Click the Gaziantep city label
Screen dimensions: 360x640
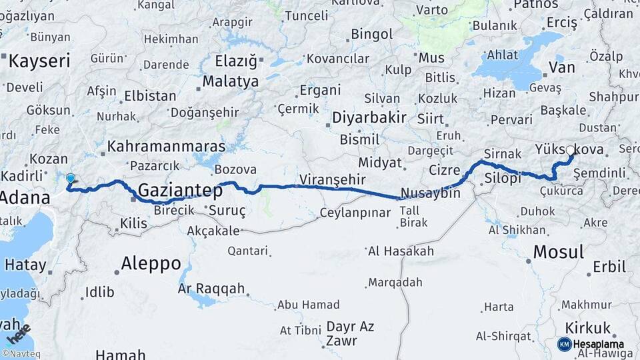(180, 190)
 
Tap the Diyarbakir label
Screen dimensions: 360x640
(369, 118)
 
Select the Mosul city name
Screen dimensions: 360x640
(559, 252)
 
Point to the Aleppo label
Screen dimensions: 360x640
(151, 263)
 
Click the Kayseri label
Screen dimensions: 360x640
(39, 62)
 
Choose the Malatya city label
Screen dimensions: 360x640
(231, 82)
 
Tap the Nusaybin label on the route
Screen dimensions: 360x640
(431, 193)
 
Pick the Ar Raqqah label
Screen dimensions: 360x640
(211, 289)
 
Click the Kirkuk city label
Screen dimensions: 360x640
(588, 328)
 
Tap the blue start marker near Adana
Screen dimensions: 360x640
(71, 179)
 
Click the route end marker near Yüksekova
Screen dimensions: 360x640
(571, 151)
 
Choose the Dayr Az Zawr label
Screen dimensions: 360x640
(350, 334)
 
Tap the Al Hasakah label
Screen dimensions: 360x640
(401, 251)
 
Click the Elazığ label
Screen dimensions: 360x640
(236, 62)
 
